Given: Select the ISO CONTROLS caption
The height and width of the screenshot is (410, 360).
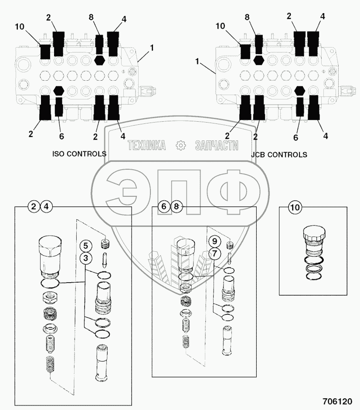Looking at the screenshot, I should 79,154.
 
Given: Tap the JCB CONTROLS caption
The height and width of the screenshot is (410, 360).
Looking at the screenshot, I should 279,154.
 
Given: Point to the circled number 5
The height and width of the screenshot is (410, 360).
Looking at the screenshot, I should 86,245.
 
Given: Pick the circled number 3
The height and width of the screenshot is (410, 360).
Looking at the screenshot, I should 86,258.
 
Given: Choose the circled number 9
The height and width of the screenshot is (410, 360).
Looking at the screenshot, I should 214,240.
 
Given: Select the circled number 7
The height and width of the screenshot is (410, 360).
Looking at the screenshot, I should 214,252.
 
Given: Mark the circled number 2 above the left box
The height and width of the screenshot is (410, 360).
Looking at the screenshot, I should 34,207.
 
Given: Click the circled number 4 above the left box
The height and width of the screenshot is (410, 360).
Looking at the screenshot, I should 46,207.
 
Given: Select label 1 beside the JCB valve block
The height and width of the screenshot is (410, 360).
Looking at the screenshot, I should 198,63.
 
